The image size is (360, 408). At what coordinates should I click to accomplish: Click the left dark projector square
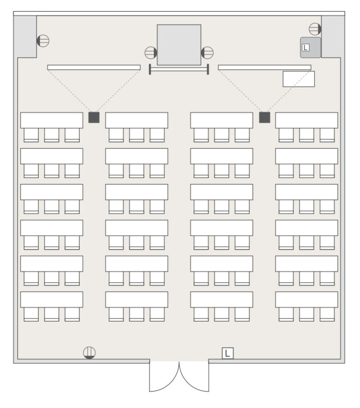pos(94,118)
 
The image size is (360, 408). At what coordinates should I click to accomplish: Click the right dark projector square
pos(265,118)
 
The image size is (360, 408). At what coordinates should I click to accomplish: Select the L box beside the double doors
pos(227,353)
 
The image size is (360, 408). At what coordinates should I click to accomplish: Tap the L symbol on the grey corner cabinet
pos(306,48)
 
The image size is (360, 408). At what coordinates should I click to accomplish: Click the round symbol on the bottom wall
pos(89,353)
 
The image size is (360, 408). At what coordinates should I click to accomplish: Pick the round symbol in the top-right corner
pos(315,29)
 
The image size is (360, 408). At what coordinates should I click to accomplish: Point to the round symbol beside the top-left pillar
pos(43,41)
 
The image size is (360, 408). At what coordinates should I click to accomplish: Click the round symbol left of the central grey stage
pos(151,52)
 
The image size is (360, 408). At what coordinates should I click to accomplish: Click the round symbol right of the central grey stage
pos(207,52)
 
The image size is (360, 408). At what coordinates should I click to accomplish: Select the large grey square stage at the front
pos(179,45)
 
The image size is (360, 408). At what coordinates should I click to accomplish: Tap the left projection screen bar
pos(94,67)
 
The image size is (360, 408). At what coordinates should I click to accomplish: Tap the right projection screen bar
pos(265,67)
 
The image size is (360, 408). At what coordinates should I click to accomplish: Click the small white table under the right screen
pos(299,79)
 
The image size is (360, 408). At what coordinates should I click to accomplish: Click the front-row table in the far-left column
pos(52,120)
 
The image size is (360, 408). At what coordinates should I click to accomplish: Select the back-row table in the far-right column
pos(307,299)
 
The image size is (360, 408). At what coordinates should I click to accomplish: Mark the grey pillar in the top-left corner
pos(25,37)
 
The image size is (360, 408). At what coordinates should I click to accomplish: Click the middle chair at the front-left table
pos(52,135)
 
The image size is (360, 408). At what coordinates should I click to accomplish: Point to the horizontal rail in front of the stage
pos(179,69)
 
